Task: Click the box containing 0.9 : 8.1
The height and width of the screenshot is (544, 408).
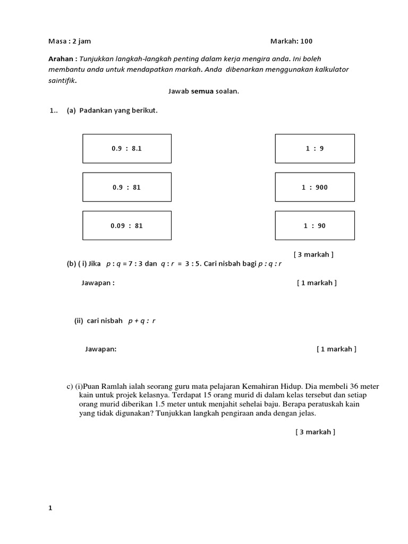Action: click(x=126, y=149)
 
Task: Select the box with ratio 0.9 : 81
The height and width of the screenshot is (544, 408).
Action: click(x=126, y=187)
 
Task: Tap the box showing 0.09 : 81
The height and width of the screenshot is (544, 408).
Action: click(x=126, y=225)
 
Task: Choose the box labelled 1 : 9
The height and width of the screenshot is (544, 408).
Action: click(x=314, y=149)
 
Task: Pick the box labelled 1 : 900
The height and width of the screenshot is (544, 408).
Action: click(x=314, y=187)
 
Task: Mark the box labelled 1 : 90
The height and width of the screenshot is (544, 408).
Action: click(x=314, y=225)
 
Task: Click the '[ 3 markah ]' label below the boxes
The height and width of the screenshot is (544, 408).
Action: click(x=313, y=254)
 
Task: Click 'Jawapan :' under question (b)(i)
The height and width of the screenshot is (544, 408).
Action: click(x=98, y=283)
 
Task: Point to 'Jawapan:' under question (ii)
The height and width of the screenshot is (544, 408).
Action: click(x=100, y=349)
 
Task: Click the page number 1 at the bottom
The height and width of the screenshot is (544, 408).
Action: click(x=50, y=508)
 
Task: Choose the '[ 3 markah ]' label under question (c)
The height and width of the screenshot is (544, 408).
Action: click(x=316, y=432)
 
